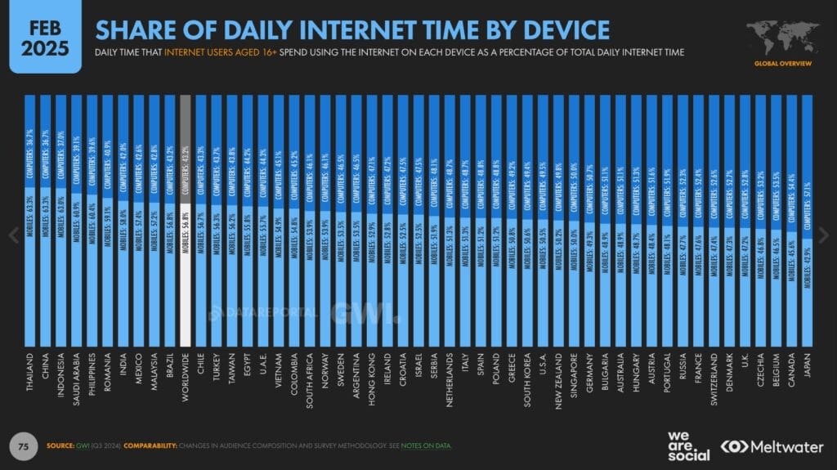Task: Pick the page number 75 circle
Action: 24,445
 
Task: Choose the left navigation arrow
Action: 12,235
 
